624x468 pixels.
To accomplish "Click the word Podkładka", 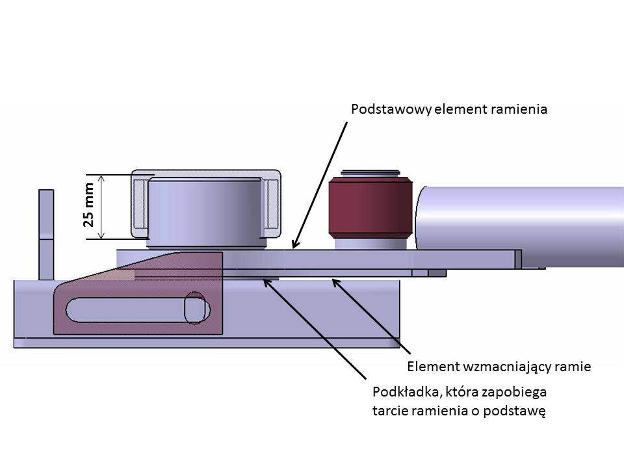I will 403,393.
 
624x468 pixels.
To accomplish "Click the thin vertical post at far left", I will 46,234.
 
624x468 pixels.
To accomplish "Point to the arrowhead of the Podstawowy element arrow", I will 294,246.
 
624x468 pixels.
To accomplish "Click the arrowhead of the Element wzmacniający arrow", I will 334,280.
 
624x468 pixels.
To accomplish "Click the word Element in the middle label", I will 430,367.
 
